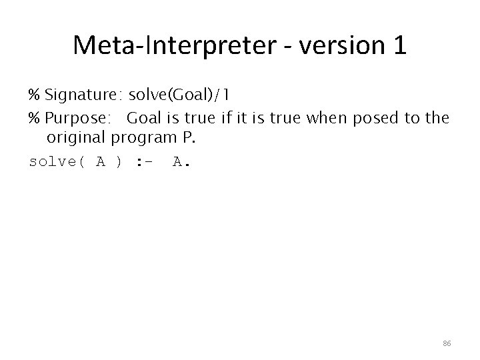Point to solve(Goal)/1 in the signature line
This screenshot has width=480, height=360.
pyautogui.click(x=176, y=93)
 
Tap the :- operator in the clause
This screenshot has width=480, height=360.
pyautogui.click(x=145, y=162)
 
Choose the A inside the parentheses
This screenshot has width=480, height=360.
pyautogui.click(x=101, y=162)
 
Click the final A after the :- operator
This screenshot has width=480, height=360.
pyautogui.click(x=178, y=162)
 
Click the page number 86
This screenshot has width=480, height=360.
pyautogui.click(x=447, y=343)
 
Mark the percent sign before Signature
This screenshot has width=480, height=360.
pyautogui.click(x=35, y=93)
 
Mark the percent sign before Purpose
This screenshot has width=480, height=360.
pyautogui.click(x=35, y=119)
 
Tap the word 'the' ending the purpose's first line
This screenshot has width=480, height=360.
pyautogui.click(x=437, y=119)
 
